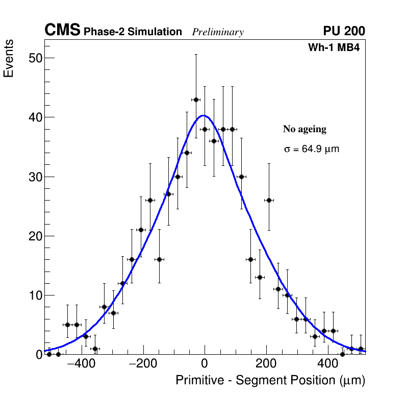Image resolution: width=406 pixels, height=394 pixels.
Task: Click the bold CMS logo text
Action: coord(62,31)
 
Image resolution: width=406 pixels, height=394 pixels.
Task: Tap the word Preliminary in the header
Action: coord(218,32)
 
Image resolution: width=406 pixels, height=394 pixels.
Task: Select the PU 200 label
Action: coord(344,32)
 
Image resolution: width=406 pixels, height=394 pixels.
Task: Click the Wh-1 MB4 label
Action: coord(334,48)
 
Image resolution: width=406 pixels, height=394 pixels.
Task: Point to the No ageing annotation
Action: coord(304,130)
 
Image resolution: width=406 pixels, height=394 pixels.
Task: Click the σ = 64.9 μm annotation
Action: coord(311,150)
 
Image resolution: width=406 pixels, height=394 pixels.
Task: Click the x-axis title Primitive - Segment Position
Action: coord(270,381)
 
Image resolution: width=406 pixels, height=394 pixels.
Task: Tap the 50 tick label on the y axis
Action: coord(34,58)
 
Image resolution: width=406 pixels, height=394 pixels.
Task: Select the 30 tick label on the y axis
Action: coord(34,177)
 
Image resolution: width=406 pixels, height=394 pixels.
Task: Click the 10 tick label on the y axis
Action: coord(34,295)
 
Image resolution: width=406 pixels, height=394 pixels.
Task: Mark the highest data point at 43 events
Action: coord(195,100)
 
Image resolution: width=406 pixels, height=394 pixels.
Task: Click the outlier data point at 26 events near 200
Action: coord(269,200)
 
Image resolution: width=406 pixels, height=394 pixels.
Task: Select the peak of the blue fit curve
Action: coord(204,115)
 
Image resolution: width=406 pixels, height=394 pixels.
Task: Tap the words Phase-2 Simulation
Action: coord(133,32)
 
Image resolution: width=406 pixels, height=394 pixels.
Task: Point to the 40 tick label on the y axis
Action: coord(34,117)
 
